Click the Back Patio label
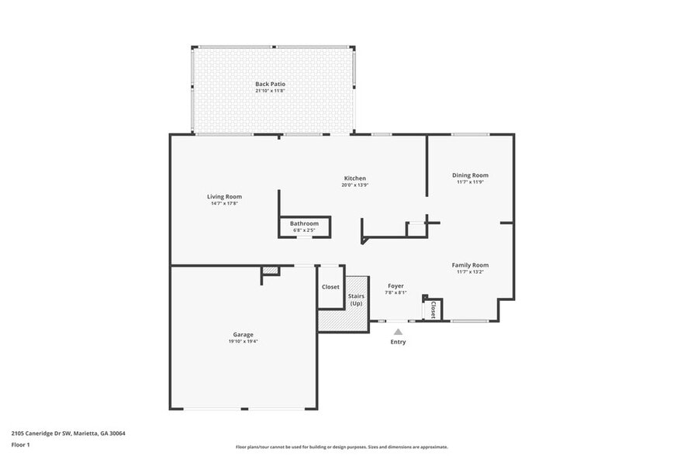[x=270, y=84]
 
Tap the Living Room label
[x=224, y=196]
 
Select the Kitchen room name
[x=354, y=178]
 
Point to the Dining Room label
[x=470, y=175]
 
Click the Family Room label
[x=470, y=265]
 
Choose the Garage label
[x=244, y=334]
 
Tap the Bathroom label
[x=304, y=223]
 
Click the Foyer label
[x=396, y=286]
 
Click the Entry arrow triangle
[x=398, y=332]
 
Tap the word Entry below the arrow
[x=398, y=342]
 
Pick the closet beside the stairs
[x=330, y=287]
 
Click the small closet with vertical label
[x=433, y=309]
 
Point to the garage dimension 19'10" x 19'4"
[x=244, y=341]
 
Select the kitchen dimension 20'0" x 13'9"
[x=354, y=185]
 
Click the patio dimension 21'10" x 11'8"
[x=270, y=91]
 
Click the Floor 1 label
[x=20, y=444]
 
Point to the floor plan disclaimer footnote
[x=341, y=447]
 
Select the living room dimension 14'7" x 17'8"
[x=224, y=203]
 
